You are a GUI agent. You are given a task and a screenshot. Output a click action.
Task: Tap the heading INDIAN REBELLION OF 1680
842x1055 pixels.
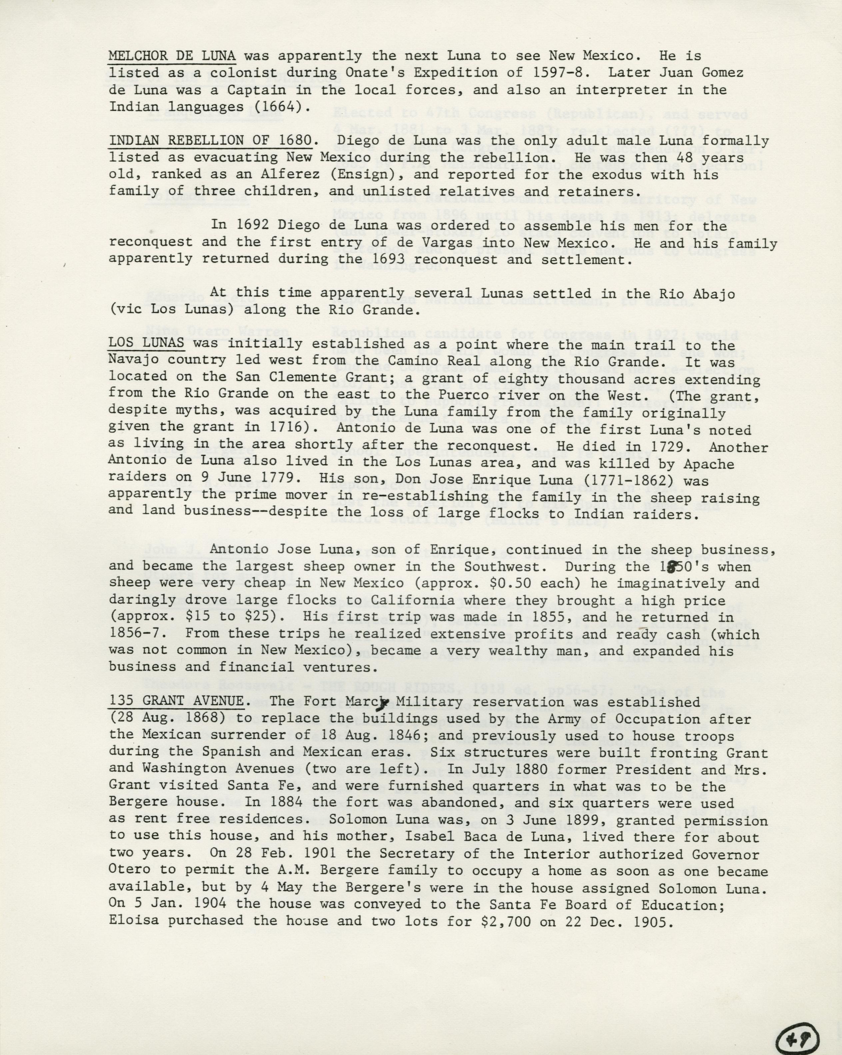click(x=210, y=140)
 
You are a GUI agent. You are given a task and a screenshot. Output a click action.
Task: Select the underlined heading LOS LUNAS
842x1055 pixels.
click(x=146, y=343)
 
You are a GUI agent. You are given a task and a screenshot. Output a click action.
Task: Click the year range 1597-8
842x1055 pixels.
click(x=540, y=73)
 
